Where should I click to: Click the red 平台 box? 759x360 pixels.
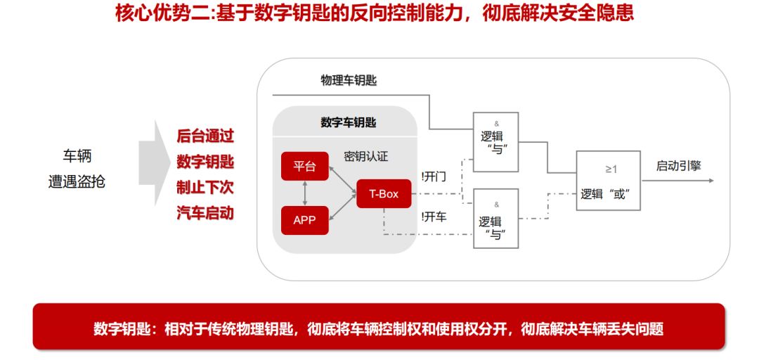tap(304, 167)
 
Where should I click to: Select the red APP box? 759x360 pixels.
tap(304, 220)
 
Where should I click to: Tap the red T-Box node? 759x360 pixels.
tap(383, 193)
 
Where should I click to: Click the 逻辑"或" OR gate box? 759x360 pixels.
tap(608, 181)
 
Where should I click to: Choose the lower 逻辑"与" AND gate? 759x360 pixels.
tap(496, 219)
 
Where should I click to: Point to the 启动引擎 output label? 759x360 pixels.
tap(678, 166)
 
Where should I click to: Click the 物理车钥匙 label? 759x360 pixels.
tap(349, 80)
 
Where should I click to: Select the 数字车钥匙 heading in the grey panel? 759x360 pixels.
tap(348, 122)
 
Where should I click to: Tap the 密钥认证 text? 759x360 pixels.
tap(365, 156)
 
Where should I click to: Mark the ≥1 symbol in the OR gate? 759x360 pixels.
tap(611, 169)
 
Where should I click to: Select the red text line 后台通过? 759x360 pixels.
tap(205, 136)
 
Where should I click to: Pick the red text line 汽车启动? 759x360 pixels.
tap(205, 213)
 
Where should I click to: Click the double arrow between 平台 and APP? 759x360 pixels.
tap(304, 193)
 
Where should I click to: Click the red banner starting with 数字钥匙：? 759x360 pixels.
tap(379, 328)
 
